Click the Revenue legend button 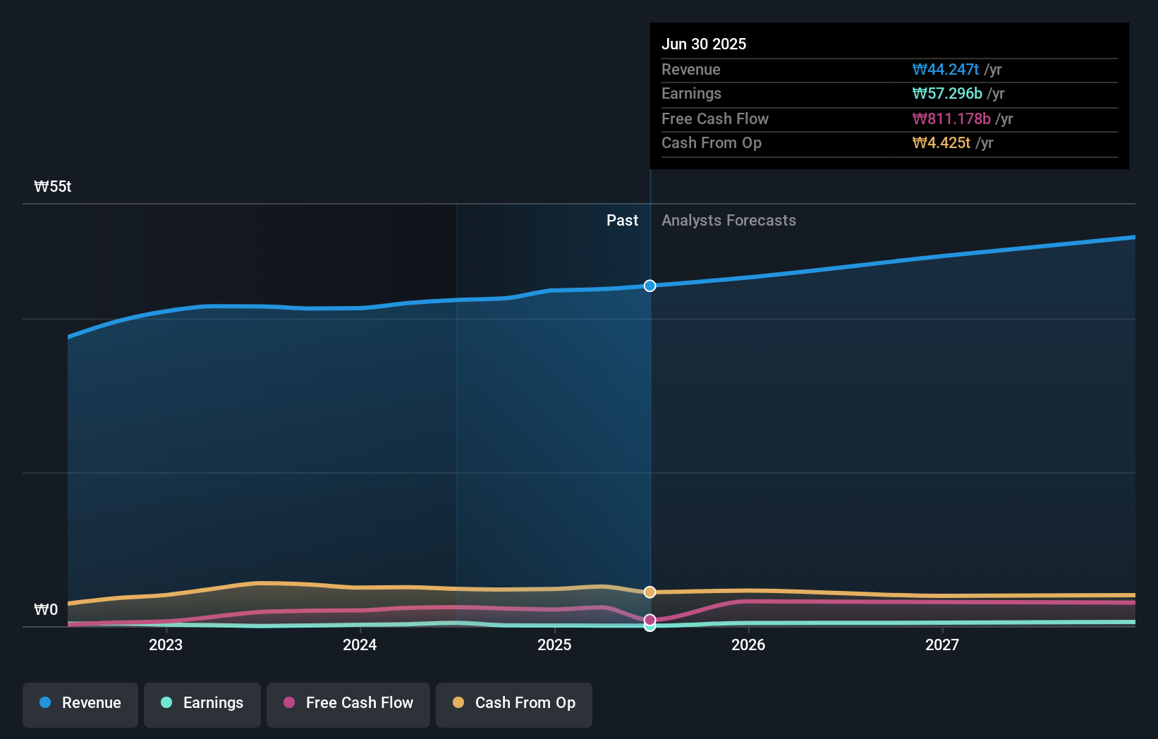click(80, 703)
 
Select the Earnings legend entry click(202, 703)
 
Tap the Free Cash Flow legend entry click(348, 703)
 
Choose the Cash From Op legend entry click(514, 703)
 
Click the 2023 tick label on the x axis click(166, 645)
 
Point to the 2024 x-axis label click(360, 645)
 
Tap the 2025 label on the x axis click(554, 645)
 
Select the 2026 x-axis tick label click(748, 645)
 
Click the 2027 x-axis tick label click(942, 645)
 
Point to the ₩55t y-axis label click(53, 187)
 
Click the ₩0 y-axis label click(46, 609)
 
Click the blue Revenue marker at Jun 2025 click(650, 286)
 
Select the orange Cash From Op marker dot click(650, 592)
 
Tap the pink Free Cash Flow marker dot click(650, 619)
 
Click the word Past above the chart click(622, 221)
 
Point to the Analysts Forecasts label click(729, 221)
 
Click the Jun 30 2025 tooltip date click(704, 44)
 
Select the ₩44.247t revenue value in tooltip click(945, 70)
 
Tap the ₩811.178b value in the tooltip click(951, 119)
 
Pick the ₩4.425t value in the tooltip click(941, 143)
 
